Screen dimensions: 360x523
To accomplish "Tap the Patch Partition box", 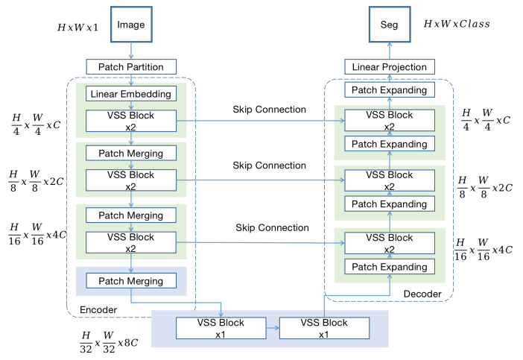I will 131,67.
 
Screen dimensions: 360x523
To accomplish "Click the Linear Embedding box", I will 131,94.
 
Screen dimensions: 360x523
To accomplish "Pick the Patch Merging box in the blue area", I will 131,280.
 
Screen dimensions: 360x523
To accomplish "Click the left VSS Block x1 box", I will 221,328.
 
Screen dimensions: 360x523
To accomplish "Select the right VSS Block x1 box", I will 323,328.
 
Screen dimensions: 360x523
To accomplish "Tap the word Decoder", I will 421,295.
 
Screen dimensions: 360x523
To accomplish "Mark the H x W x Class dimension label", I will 457,24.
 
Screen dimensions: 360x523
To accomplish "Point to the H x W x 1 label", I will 80,28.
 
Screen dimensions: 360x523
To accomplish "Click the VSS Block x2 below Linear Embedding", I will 131,121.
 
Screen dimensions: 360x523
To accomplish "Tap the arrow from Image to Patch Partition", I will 131,51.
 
